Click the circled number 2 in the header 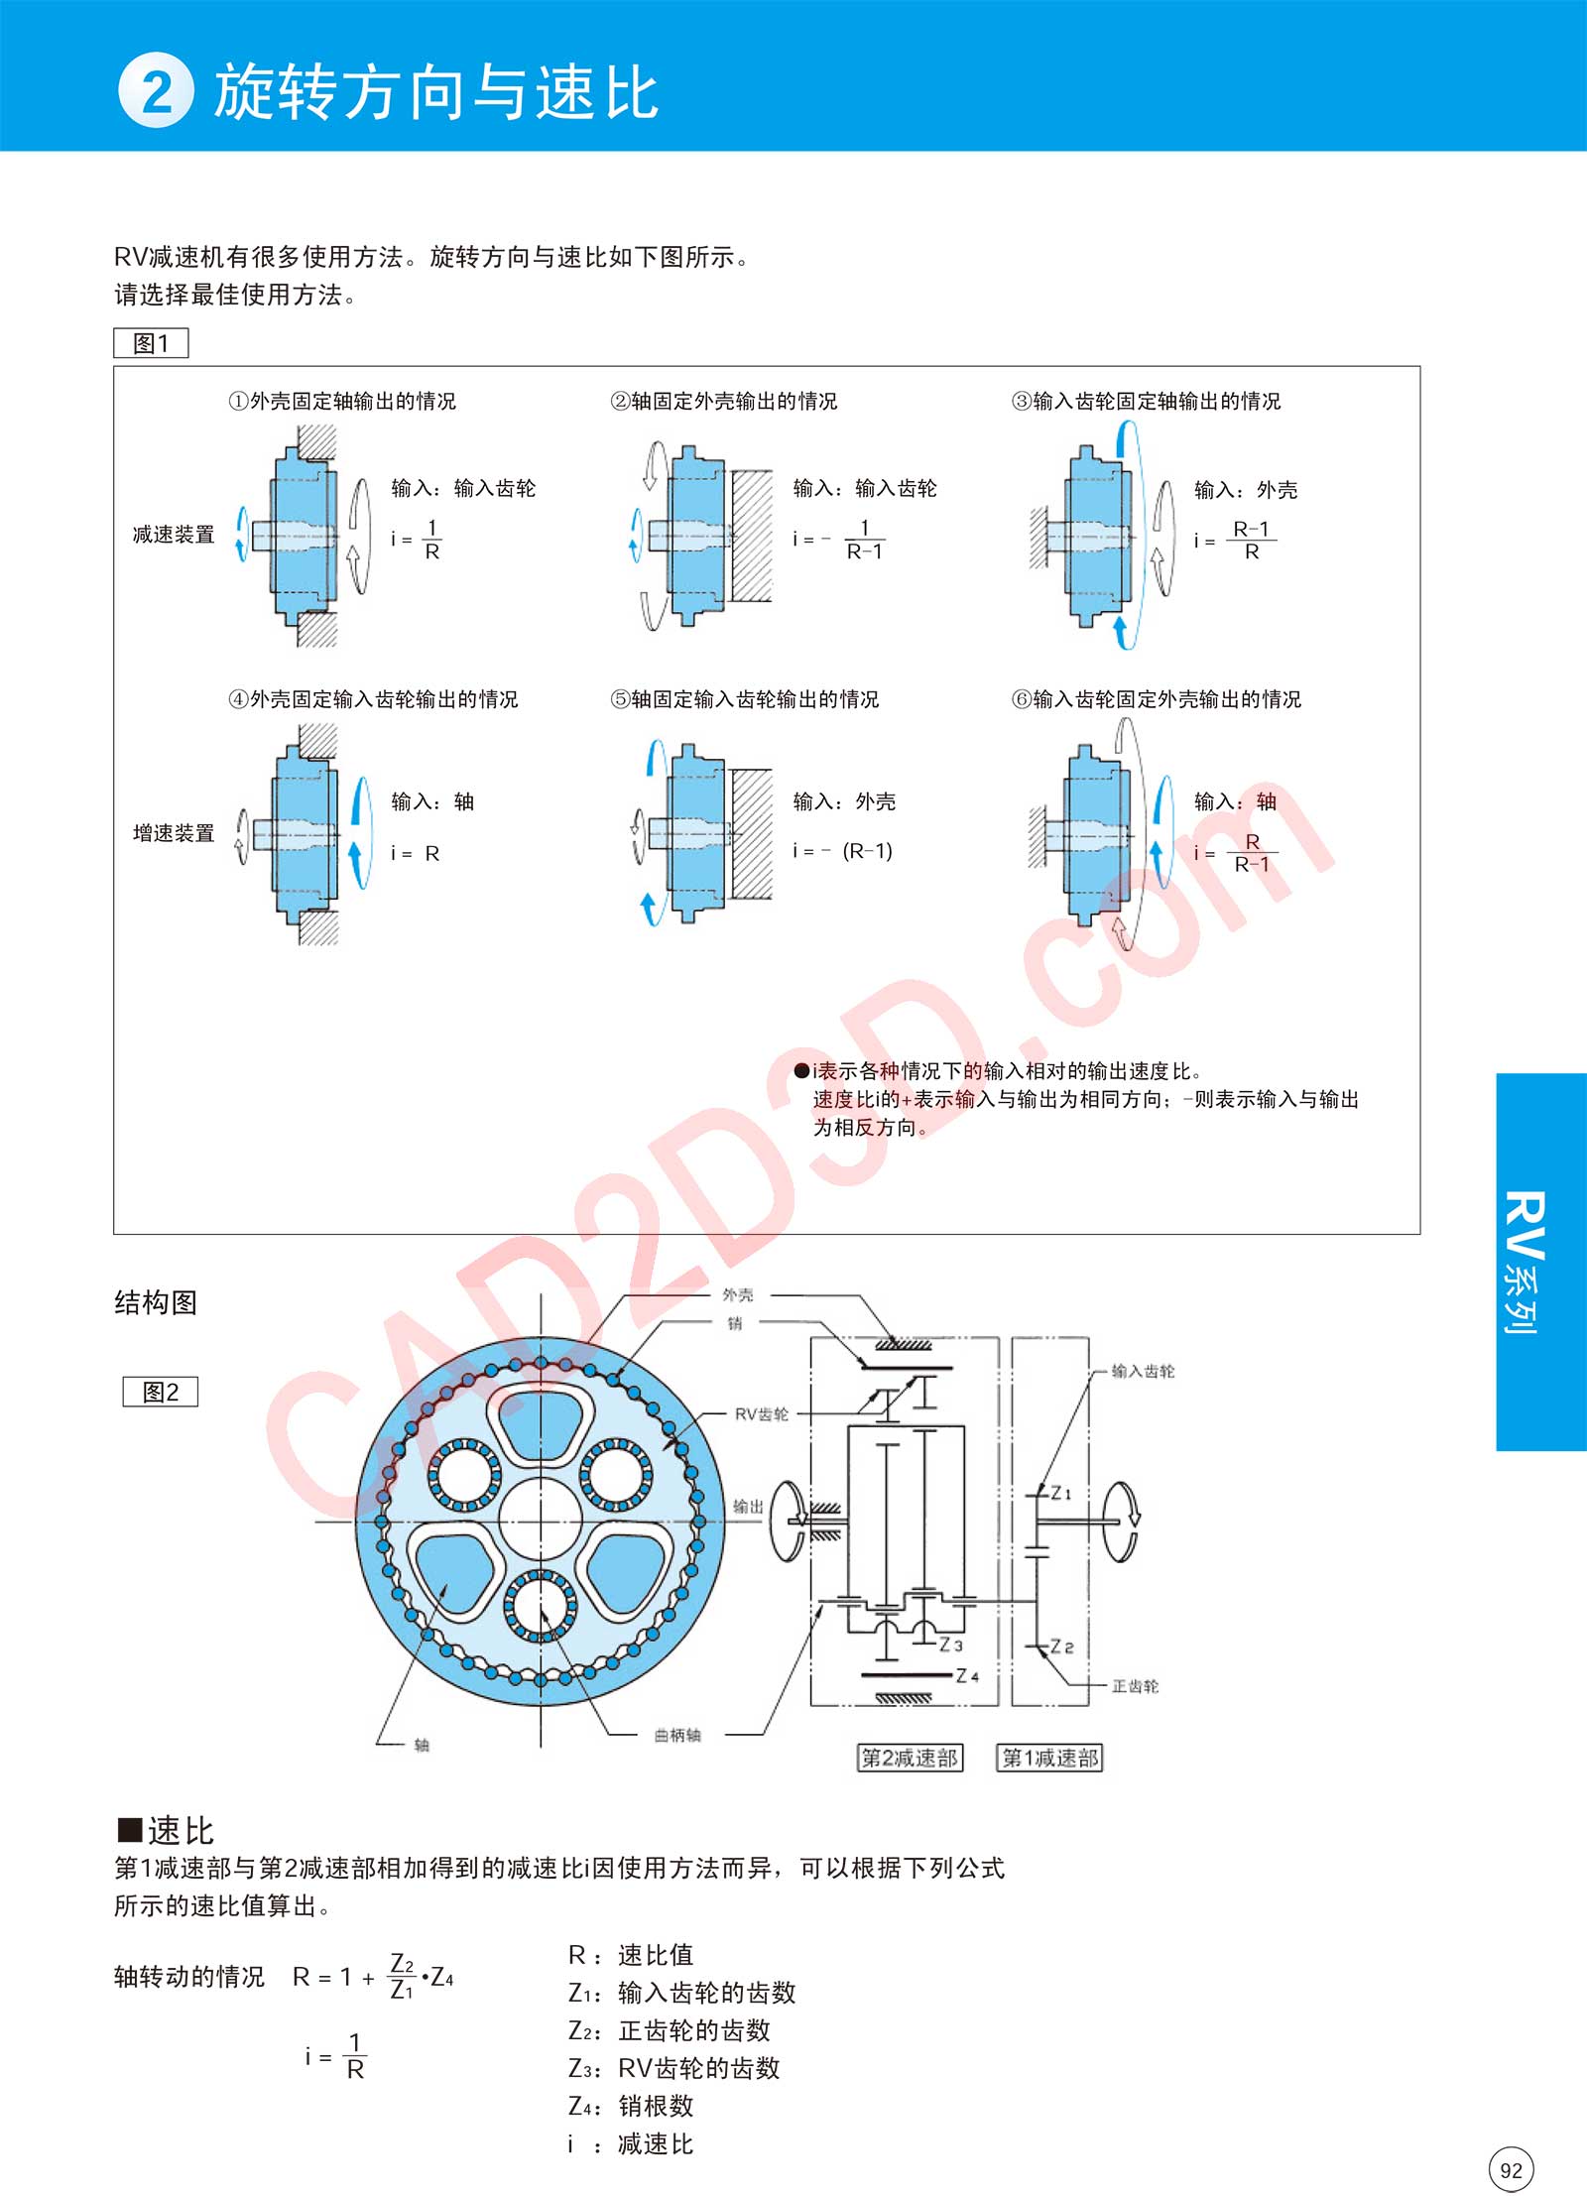156,91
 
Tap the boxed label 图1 151,343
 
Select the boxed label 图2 160,1392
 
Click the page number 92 1511,2169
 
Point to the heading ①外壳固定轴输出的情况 342,401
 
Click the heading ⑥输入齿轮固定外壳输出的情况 1157,699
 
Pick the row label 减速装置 174,535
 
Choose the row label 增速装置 174,833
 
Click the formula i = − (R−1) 843,851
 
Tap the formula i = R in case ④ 416,853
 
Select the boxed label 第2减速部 910,1758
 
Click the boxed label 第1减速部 1049,1758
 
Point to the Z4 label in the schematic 967,1676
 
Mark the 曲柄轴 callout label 677,1735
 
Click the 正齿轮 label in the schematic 1135,1686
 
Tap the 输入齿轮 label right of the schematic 1143,1372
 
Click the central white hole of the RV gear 541,1519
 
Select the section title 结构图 156,1302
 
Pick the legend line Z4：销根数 631,2105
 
